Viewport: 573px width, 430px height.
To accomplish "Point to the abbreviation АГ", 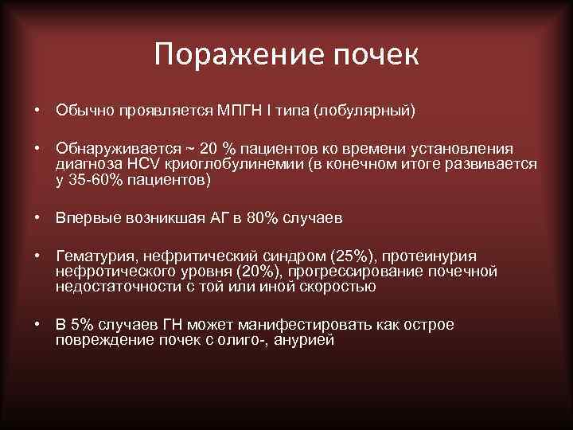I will coord(220,217).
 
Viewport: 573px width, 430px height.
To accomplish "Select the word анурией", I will coord(307,340).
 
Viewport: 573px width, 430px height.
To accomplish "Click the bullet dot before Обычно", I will coord(37,109).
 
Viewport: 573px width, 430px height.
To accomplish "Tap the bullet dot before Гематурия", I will coord(37,256).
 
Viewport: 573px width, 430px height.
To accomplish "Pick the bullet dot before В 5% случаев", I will coord(37,325).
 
